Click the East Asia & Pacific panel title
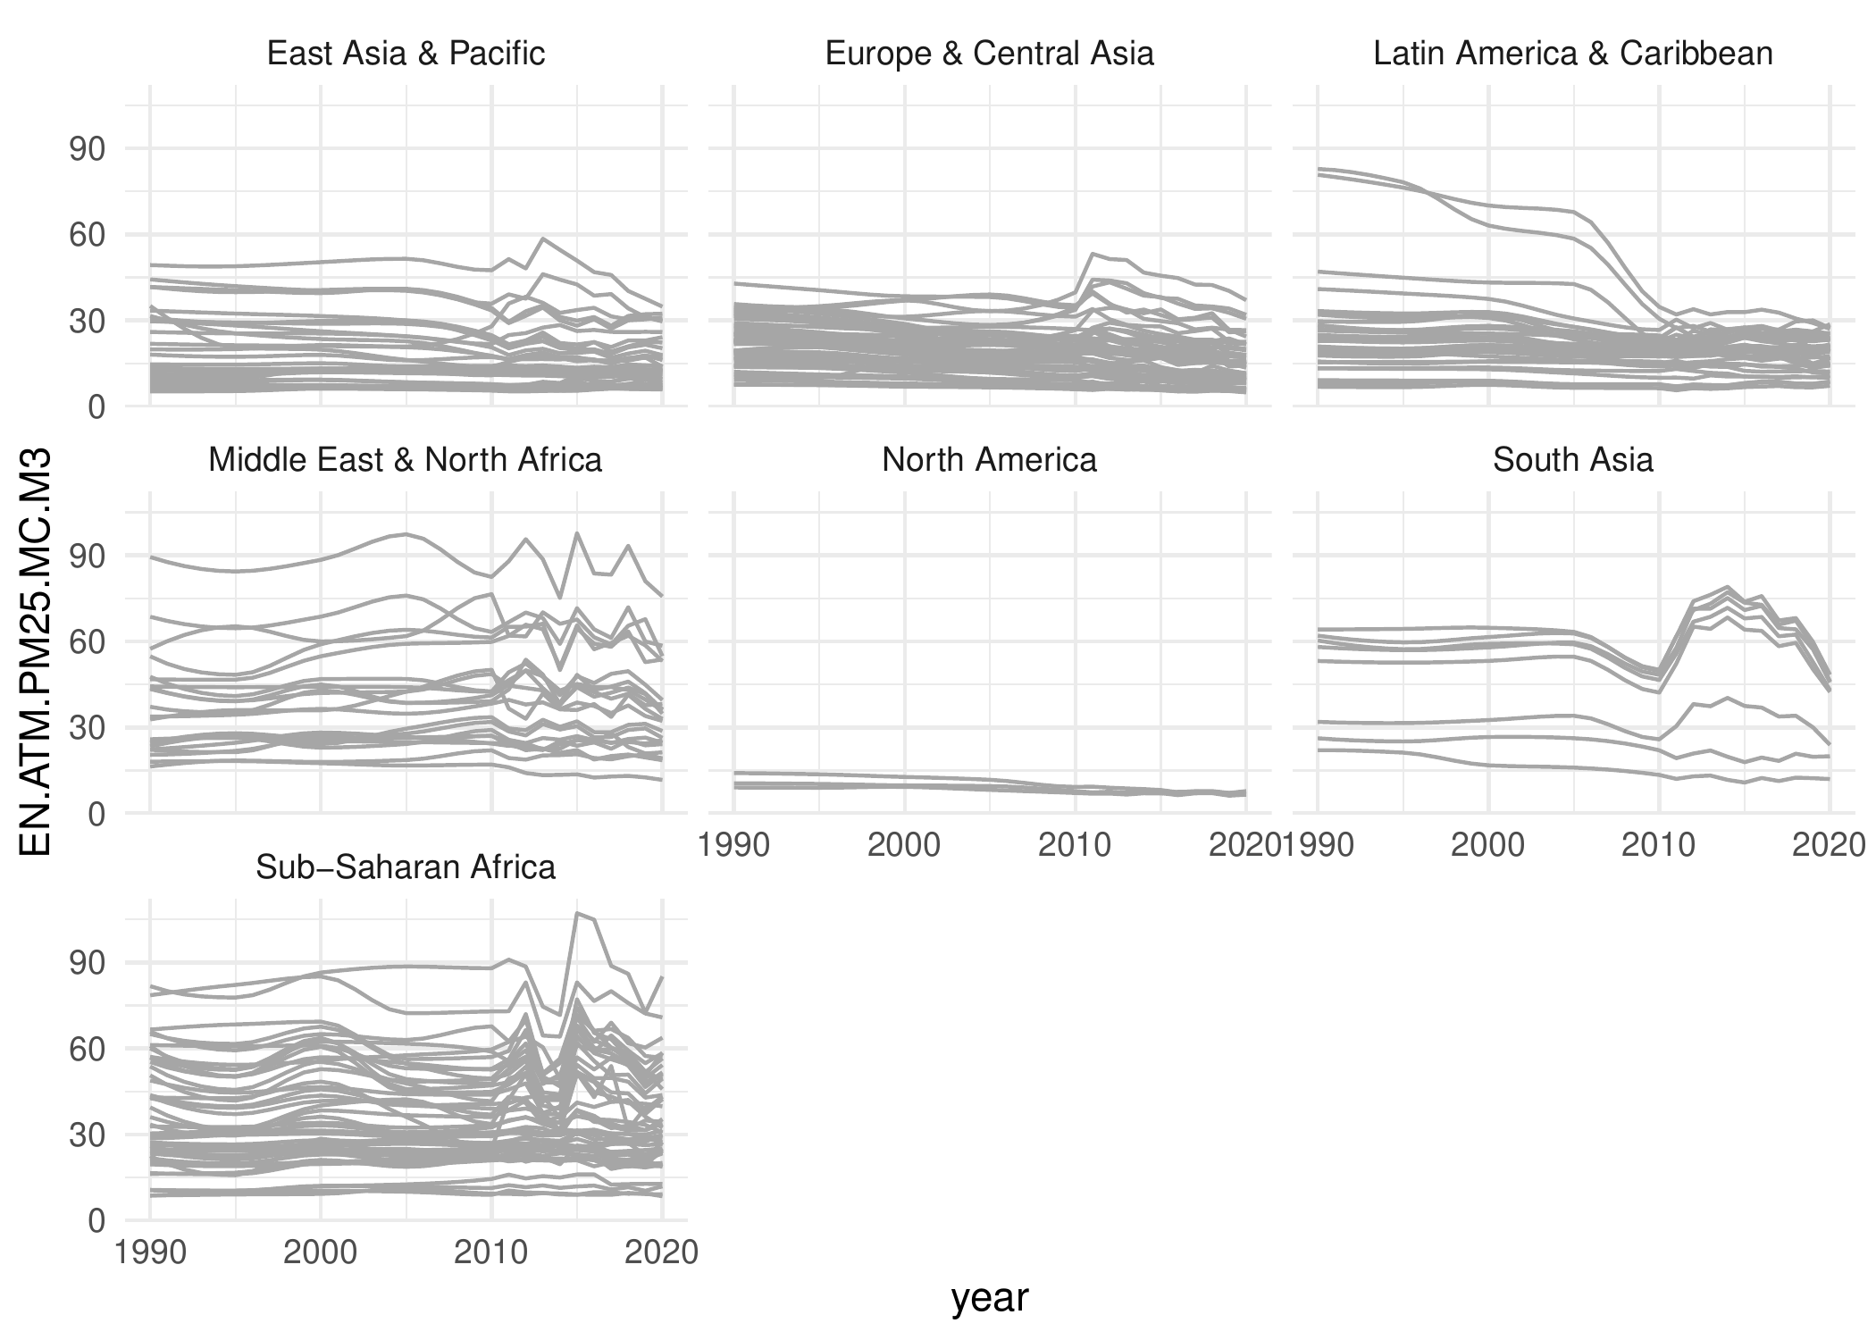[x=406, y=54]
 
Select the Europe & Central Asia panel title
[x=989, y=54]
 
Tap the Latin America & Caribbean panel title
[x=1572, y=54]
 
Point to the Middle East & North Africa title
[x=406, y=460]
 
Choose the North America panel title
[x=989, y=460]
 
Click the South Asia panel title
[x=1572, y=460]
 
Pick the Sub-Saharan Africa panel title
[x=406, y=867]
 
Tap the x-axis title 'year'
[x=990, y=1299]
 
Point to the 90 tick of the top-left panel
[x=87, y=149]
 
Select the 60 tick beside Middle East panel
[x=87, y=642]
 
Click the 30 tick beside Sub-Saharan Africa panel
[x=87, y=1135]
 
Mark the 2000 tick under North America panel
[x=904, y=845]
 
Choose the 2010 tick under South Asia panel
[x=1658, y=845]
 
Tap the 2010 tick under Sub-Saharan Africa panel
[x=491, y=1252]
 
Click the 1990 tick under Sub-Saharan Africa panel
[x=150, y=1252]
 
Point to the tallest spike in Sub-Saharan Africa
[x=577, y=913]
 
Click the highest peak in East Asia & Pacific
[x=543, y=239]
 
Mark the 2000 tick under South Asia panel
[x=1487, y=845]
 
